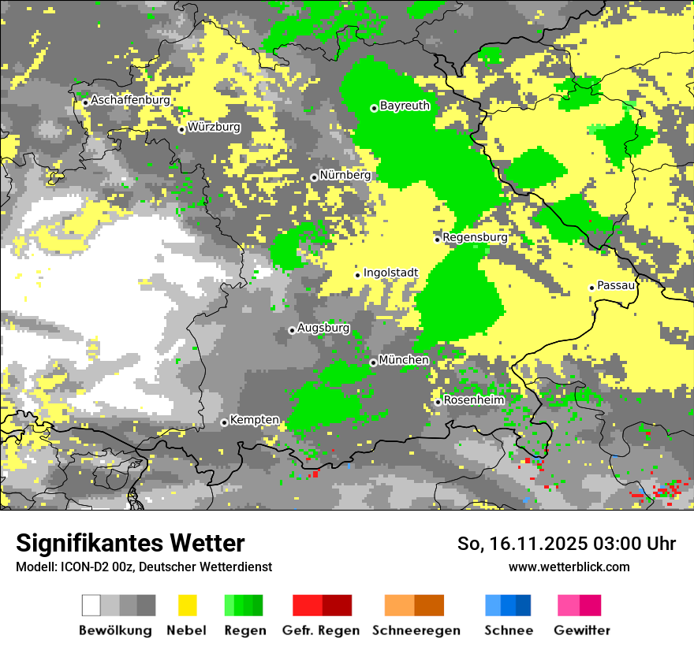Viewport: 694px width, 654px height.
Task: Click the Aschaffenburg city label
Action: [130, 100]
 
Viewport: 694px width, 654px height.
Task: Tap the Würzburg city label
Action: [214, 127]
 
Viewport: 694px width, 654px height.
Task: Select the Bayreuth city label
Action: [405, 106]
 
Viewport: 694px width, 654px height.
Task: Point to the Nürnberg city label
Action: [345, 175]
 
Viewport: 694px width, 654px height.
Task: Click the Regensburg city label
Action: [475, 237]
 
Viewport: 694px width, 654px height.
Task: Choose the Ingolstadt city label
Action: [390, 273]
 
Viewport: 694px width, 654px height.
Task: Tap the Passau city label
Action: [616, 285]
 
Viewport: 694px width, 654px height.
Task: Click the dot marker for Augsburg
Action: [292, 330]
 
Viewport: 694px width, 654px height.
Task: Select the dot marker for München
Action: [373, 362]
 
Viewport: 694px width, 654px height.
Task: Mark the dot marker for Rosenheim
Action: [438, 403]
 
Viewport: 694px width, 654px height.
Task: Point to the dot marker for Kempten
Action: [224, 422]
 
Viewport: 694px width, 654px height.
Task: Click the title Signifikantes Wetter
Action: [130, 544]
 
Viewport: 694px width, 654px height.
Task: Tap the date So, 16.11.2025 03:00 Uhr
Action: [566, 544]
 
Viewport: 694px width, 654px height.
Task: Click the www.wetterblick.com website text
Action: [569, 567]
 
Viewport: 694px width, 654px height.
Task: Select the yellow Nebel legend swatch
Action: [188, 605]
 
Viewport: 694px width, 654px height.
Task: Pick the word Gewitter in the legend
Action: [581, 630]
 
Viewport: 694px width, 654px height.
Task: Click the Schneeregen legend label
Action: [416, 630]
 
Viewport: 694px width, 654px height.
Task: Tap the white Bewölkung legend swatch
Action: [91, 605]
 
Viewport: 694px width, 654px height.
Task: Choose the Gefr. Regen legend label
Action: [321, 630]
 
